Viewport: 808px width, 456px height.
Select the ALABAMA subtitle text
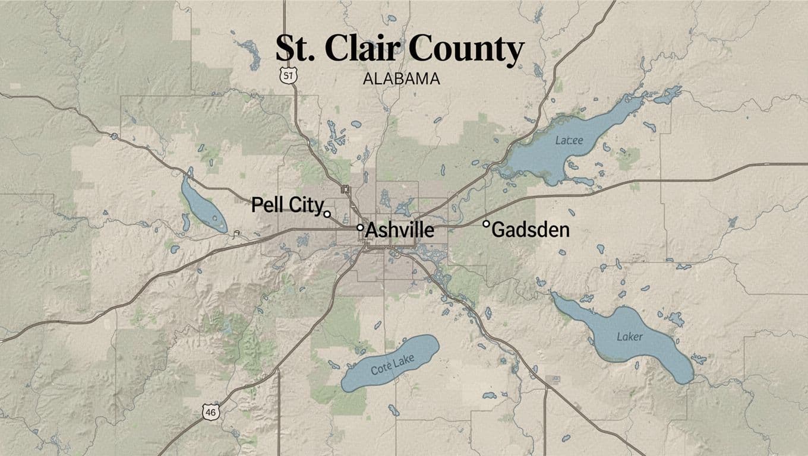(x=400, y=78)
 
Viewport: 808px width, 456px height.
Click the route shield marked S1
(x=288, y=75)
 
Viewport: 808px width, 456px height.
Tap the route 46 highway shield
(x=210, y=411)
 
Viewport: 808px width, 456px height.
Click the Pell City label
(x=287, y=205)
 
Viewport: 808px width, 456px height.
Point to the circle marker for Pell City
(x=327, y=214)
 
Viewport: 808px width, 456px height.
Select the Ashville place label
(x=399, y=230)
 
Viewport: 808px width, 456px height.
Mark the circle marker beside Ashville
(x=360, y=227)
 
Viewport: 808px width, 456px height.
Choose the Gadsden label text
(x=531, y=230)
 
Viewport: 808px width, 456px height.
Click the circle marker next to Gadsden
(x=486, y=224)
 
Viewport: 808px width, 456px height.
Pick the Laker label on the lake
(x=630, y=337)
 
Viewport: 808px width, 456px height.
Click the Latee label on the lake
(x=569, y=141)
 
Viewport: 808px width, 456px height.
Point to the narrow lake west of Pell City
(x=203, y=205)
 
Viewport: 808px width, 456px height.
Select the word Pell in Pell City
(x=267, y=205)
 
